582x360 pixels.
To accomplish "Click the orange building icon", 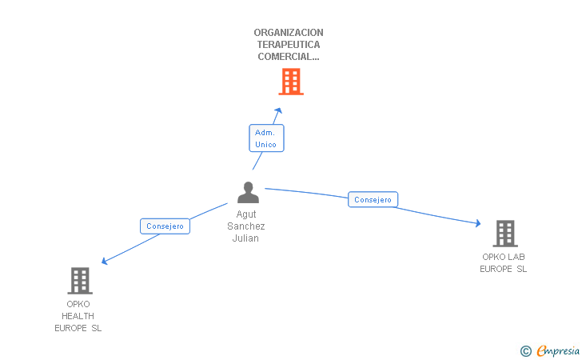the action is (291, 82).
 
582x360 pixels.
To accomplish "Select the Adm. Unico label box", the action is (266, 138).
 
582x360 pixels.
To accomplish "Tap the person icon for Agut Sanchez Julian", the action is (248, 193).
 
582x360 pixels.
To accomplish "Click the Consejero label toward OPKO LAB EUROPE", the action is (373, 199).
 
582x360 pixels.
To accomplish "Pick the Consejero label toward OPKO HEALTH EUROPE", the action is (165, 226).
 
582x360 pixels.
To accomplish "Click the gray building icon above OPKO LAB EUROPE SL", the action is (505, 234).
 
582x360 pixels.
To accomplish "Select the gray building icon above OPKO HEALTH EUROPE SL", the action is (80, 281).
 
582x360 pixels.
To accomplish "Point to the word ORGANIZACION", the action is (289, 33).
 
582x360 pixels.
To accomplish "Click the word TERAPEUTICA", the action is (289, 45).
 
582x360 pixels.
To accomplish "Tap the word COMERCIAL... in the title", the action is (289, 57).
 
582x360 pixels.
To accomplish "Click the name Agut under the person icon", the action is (246, 214).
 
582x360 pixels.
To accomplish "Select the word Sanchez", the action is (245, 226).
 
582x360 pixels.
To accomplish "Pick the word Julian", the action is (245, 238).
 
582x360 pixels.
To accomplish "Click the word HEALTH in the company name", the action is (78, 316).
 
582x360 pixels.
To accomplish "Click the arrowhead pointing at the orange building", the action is (279, 110).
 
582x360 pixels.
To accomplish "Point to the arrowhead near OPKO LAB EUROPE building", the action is (478, 223).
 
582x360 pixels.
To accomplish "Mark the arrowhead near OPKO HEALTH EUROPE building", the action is (104, 261).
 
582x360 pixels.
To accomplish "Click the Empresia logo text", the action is (558, 350).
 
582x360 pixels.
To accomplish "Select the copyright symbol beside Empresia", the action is (526, 351).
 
